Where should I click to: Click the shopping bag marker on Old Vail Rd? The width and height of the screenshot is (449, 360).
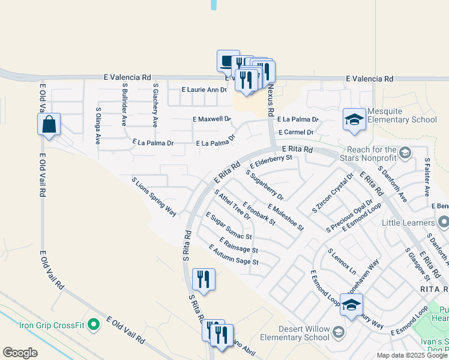coord(49,125)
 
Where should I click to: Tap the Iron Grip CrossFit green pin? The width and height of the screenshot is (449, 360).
coord(93,325)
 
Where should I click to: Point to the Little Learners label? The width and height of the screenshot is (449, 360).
coord(406,223)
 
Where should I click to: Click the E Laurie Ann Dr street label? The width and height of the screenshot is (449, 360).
coord(205,89)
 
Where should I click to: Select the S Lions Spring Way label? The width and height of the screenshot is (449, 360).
coord(154,196)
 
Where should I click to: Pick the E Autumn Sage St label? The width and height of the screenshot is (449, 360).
coord(234,254)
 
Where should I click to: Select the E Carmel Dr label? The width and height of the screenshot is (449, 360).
coord(296,132)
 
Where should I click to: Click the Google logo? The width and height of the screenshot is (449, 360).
coord(20,353)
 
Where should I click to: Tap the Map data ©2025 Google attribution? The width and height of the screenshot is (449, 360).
coord(412,355)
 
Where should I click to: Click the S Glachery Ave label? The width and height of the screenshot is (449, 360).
coord(155,106)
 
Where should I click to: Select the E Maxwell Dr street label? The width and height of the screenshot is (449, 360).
coord(212,119)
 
